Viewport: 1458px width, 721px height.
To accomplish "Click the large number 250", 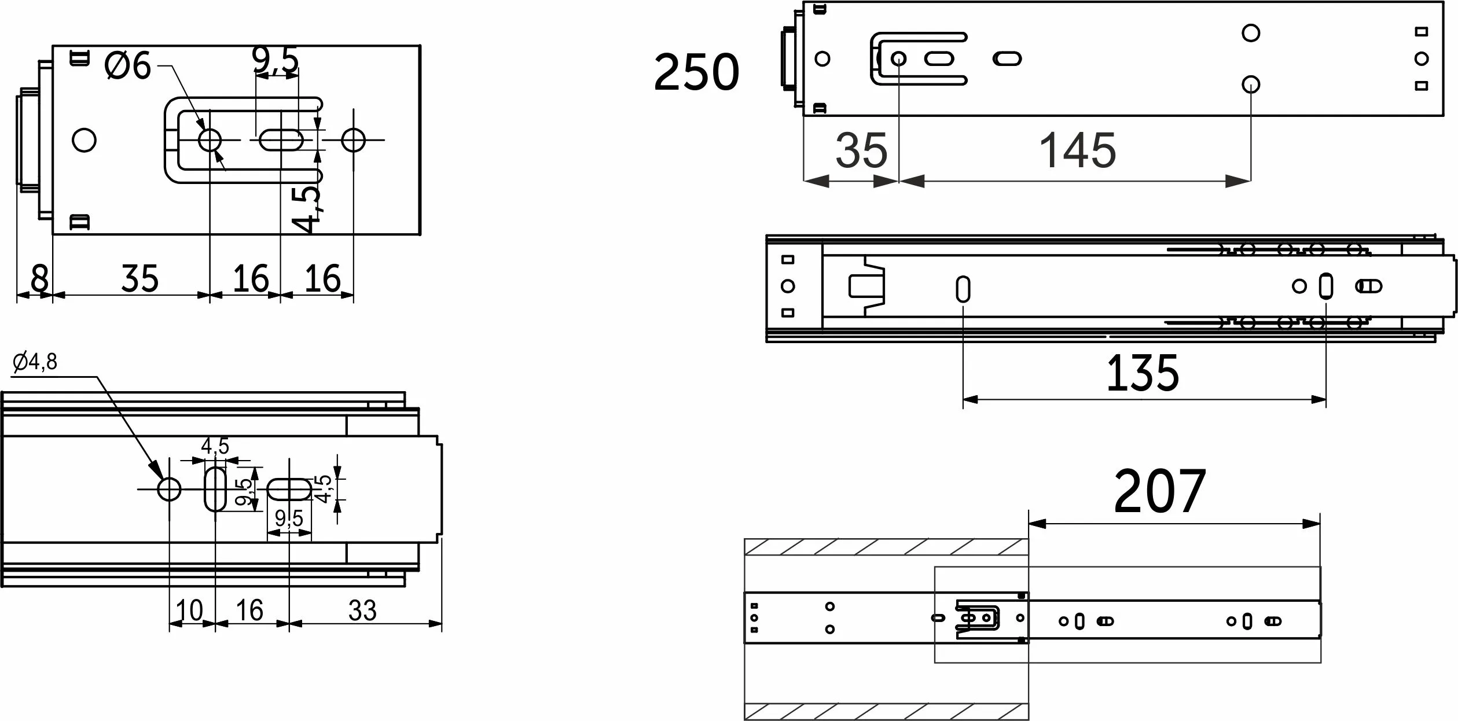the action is [696, 72].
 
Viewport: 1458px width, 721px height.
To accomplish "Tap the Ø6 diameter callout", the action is [127, 65].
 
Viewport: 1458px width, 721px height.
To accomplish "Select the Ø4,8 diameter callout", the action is [35, 362].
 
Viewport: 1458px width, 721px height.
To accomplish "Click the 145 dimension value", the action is [1078, 150].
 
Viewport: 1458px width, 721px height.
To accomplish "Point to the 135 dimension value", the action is [1143, 373].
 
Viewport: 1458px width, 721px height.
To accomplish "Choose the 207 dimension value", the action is [1160, 491].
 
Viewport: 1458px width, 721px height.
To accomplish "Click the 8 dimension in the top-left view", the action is [39, 278].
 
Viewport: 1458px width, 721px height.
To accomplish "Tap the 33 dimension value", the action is [362, 610].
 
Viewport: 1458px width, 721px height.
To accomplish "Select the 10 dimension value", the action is [189, 610].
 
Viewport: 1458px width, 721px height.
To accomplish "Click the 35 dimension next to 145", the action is [861, 150].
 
